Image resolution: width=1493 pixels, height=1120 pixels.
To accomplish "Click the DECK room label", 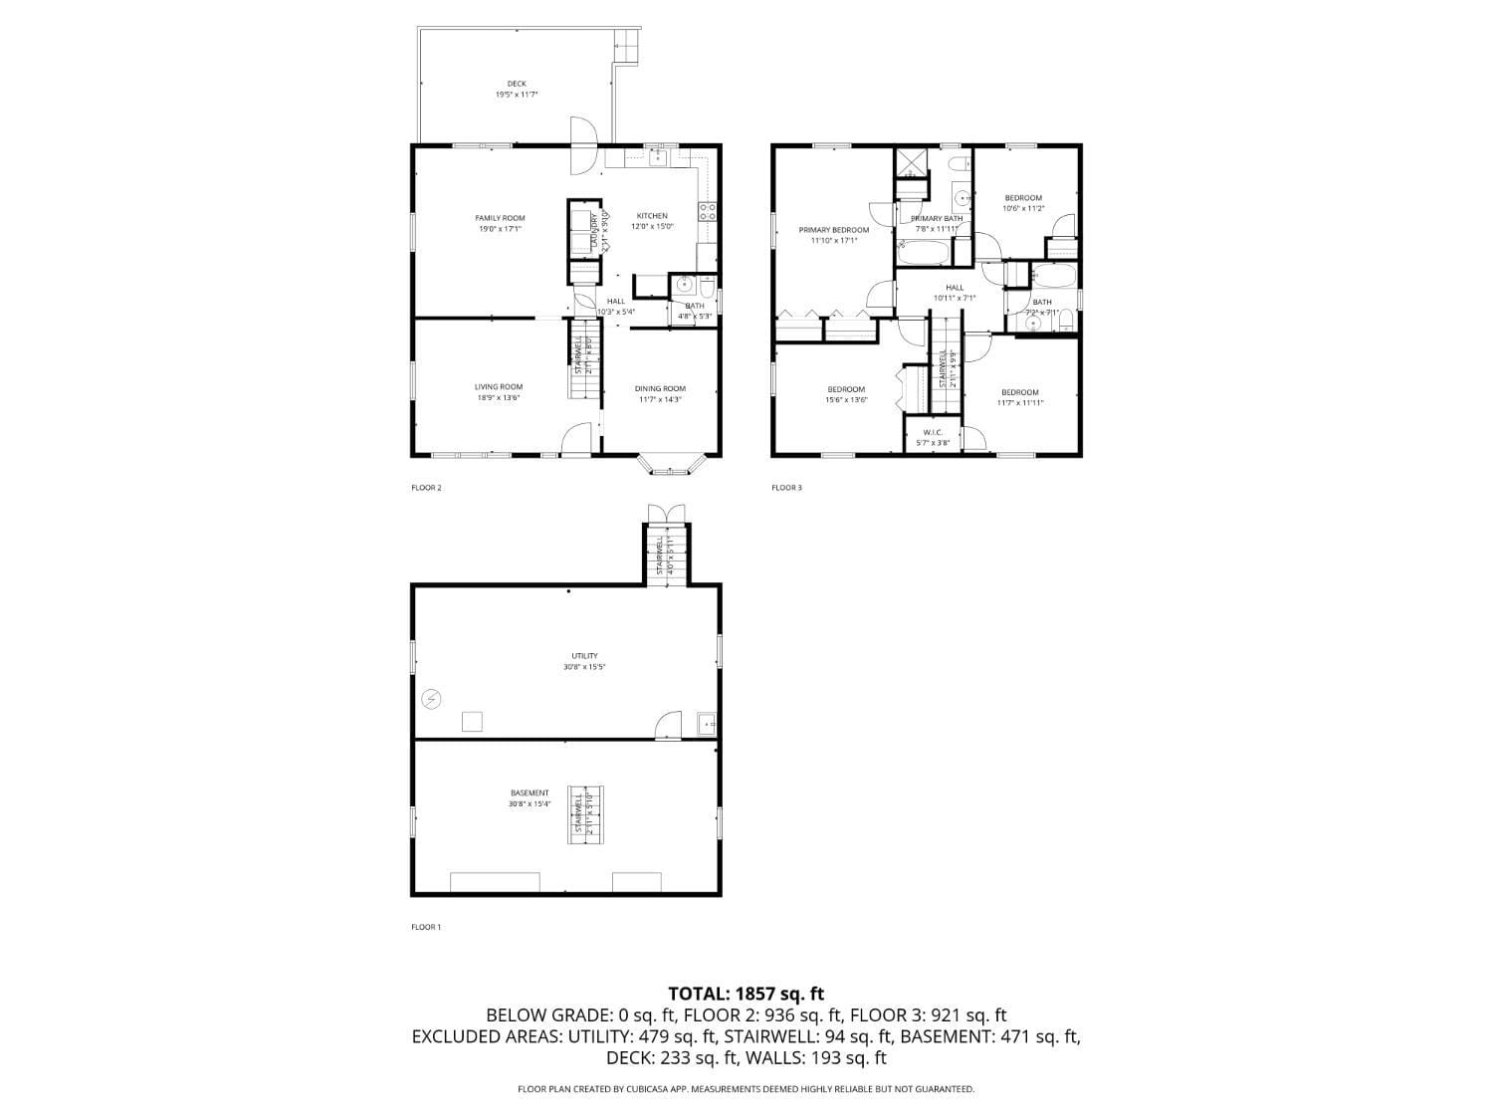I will (516, 84).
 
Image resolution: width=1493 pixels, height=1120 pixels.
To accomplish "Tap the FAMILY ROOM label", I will (500, 218).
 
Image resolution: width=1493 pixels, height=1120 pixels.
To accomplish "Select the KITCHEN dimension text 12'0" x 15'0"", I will (652, 227).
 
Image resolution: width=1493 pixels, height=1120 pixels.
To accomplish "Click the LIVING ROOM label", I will (498, 387).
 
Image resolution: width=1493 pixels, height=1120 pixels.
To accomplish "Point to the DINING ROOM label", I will (660, 388).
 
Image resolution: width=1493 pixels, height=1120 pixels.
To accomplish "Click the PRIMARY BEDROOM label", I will (833, 230).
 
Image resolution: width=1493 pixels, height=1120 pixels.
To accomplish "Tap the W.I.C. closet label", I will (933, 432).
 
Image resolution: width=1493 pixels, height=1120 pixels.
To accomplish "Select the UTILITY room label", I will (584, 656).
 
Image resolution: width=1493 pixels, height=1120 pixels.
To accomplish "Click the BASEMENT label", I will (529, 793).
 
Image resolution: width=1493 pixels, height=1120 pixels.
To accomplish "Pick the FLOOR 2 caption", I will (426, 488).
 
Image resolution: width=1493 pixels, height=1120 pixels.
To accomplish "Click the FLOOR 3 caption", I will (786, 488).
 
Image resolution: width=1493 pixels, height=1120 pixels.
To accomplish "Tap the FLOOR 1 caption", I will (426, 927).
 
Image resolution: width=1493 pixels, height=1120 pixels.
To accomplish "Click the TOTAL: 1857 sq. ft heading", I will (746, 994).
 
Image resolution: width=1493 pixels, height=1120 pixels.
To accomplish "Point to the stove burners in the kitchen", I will (708, 211).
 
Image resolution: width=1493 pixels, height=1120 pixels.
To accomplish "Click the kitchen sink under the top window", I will (657, 157).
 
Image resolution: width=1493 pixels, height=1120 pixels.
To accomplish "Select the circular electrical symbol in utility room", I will (431, 699).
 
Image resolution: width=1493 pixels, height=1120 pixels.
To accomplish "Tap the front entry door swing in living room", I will (575, 440).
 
